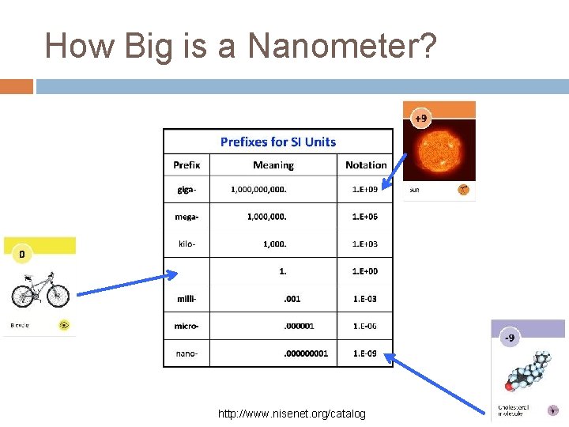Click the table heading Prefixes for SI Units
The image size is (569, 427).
pyautogui.click(x=277, y=142)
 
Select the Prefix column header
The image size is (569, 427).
pyautogui.click(x=187, y=165)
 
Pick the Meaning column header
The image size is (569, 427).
pyautogui.click(x=273, y=165)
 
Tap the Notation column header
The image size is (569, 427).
pyautogui.click(x=366, y=165)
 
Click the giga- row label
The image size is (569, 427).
pyautogui.click(x=187, y=189)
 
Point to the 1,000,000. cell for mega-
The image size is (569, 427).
pyautogui.click(x=267, y=216)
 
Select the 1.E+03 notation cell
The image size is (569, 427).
pyautogui.click(x=365, y=244)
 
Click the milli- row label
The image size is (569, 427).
pyautogui.click(x=187, y=299)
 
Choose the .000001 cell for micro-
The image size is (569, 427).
pyautogui.click(x=299, y=326)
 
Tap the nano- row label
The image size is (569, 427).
pyautogui.click(x=187, y=353)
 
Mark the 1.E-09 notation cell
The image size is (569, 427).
pyautogui.click(x=365, y=353)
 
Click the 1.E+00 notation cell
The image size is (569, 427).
pyautogui.click(x=365, y=271)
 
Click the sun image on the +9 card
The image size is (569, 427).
pyautogui.click(x=439, y=150)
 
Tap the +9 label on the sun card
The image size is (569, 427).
pyautogui.click(x=420, y=119)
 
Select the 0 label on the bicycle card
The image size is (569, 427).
pyautogui.click(x=21, y=254)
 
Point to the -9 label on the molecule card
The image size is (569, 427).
pyautogui.click(x=510, y=338)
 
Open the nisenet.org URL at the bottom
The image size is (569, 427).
pyautogui.click(x=292, y=414)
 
